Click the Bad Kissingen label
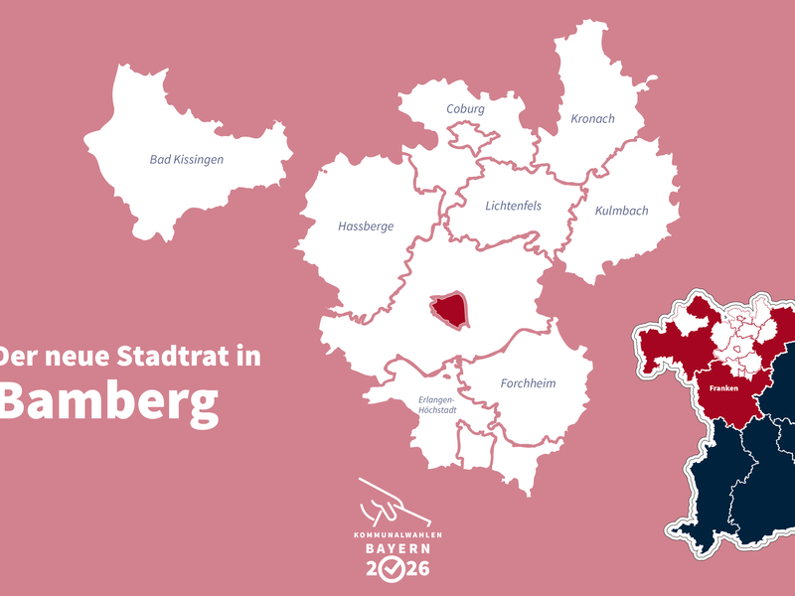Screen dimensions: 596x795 click(186, 159)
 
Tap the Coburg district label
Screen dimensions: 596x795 click(465, 109)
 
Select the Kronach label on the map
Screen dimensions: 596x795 click(592, 119)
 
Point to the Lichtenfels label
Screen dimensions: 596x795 click(513, 207)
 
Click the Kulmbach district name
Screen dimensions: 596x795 click(621, 211)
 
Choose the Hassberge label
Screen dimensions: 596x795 click(366, 226)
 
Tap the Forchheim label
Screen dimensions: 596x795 click(528, 383)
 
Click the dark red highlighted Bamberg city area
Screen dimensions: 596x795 click(449, 310)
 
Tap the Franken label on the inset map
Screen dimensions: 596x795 click(723, 388)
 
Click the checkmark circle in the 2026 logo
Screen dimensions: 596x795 click(396, 569)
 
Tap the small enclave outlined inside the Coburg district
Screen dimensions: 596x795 click(467, 136)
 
